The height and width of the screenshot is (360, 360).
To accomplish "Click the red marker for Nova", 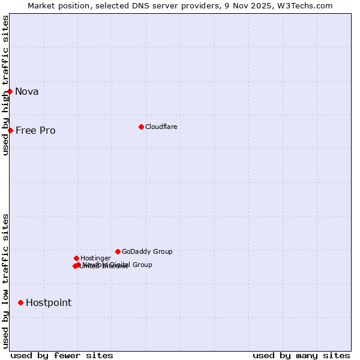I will [10, 91].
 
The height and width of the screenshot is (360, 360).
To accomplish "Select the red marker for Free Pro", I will [10, 130].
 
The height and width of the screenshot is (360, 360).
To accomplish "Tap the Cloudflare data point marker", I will [141, 127].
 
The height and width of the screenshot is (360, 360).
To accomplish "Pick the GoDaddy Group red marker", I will [118, 251].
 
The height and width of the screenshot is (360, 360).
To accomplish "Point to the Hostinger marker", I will [76, 258].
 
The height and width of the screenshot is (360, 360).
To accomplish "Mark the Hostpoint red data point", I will [20, 302].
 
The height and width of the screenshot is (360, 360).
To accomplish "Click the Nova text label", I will [27, 91].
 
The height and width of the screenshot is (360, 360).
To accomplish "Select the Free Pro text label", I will [35, 130].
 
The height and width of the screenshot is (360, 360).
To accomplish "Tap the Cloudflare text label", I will [161, 127].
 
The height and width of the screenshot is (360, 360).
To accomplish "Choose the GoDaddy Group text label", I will [147, 251].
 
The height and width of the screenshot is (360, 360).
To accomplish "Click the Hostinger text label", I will [95, 258].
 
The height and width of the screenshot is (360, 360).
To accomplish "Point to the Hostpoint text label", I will [49, 302].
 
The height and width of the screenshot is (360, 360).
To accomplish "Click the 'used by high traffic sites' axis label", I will [5, 85].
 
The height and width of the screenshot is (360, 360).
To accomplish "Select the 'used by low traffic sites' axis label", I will [5, 280].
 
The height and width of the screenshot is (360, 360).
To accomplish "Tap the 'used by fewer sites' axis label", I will [62, 355].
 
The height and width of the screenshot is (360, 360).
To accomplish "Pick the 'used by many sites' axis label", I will [301, 355].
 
